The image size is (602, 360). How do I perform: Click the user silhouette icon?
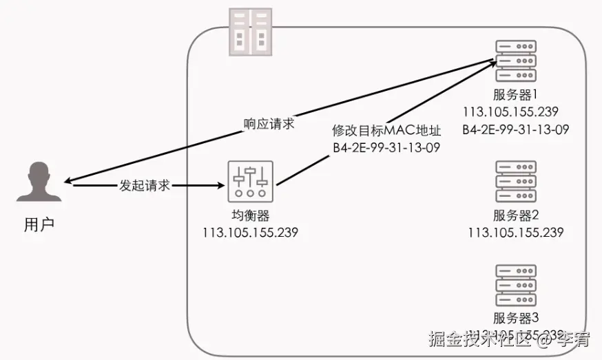pos(39,182)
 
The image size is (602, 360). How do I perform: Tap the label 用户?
pos(39,224)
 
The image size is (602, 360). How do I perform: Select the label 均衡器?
pos(250,215)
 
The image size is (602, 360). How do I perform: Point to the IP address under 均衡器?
pos(250,233)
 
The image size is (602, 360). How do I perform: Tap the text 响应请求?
pos(269,124)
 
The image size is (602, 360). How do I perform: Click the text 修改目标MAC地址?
pos(386,131)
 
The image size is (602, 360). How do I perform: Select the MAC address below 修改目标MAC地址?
pos(386,147)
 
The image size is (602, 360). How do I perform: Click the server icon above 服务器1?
pos(515,61)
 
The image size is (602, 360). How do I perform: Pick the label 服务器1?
pos(515,95)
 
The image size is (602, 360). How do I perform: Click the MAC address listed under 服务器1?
pos(515,129)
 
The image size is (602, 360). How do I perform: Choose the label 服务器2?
pos(515,215)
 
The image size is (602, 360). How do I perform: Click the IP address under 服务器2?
pos(515,232)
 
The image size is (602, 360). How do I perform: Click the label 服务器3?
pos(515,318)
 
